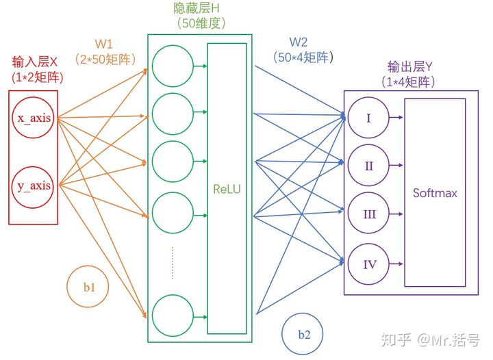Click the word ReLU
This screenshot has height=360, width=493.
coord(227,189)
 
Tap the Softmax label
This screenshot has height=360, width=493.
coord(435,192)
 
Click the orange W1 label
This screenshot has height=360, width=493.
coord(104,44)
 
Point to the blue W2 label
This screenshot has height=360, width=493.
coord(299,42)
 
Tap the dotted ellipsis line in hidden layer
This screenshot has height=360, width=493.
coord(173,263)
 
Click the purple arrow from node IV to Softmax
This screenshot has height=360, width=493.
coord(396,264)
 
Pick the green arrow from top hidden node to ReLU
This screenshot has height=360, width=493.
coord(201,66)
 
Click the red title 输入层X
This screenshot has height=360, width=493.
coord(35,62)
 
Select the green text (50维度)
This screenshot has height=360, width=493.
coord(201,23)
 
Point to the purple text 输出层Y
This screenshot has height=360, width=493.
coord(410,67)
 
